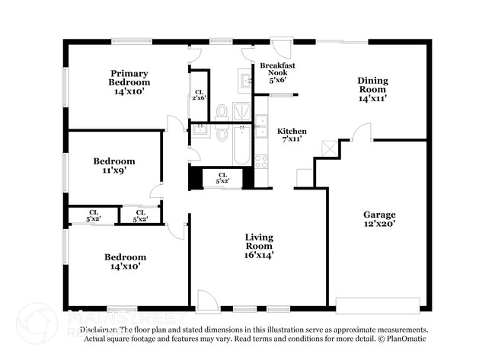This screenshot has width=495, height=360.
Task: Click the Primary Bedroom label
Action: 128,81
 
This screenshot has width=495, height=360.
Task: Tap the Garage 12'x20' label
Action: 378,218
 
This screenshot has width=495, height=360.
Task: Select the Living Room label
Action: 258,246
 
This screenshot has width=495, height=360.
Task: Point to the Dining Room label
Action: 373,89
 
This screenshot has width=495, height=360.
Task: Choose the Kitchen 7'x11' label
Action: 292,135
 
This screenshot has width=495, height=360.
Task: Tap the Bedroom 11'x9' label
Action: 114,166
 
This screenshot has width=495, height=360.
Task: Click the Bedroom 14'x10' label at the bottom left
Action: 125,262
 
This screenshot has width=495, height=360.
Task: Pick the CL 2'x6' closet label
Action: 198,94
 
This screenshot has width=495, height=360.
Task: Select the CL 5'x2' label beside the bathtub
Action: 223,178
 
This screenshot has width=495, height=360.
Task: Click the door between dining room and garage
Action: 361,132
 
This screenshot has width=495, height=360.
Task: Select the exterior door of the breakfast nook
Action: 281,49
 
